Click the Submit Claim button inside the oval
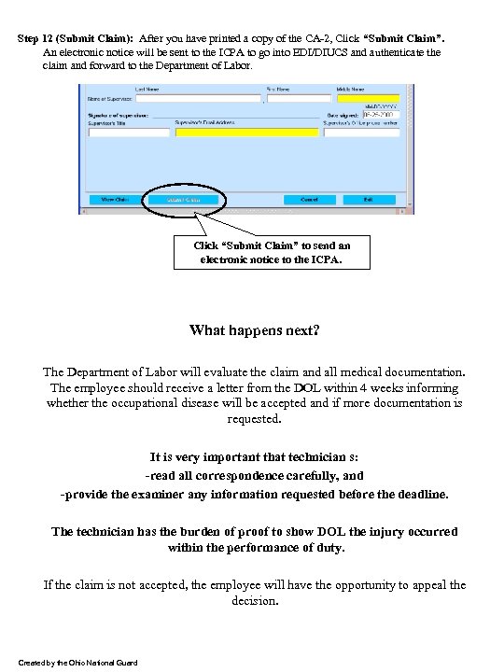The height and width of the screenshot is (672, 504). (x=184, y=199)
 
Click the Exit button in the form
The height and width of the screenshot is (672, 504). (x=368, y=199)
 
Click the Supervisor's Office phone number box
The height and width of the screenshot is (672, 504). (x=374, y=133)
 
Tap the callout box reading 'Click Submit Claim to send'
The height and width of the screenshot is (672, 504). (x=272, y=252)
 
